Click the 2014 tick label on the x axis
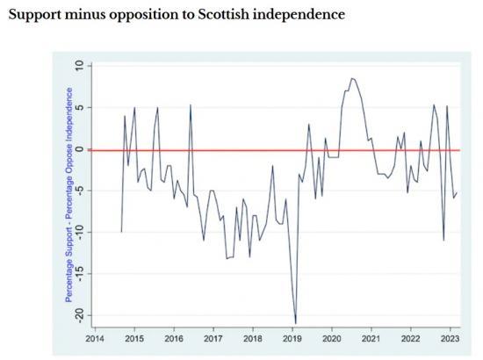[94, 336]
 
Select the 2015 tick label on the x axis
[133, 336]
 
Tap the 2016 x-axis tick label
[173, 336]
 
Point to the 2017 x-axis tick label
[213, 336]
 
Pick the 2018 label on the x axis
[252, 336]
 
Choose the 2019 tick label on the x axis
[292, 336]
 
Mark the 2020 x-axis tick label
[332, 336]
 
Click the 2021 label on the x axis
[371, 336]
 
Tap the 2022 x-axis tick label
[410, 336]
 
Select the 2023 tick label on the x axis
[450, 336]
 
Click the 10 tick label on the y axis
[78, 67]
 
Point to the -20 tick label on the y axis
[78, 314]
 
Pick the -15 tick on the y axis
[78, 273]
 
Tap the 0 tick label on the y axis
[78, 149]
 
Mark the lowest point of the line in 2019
[296, 323]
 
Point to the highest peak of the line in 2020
[351, 78]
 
